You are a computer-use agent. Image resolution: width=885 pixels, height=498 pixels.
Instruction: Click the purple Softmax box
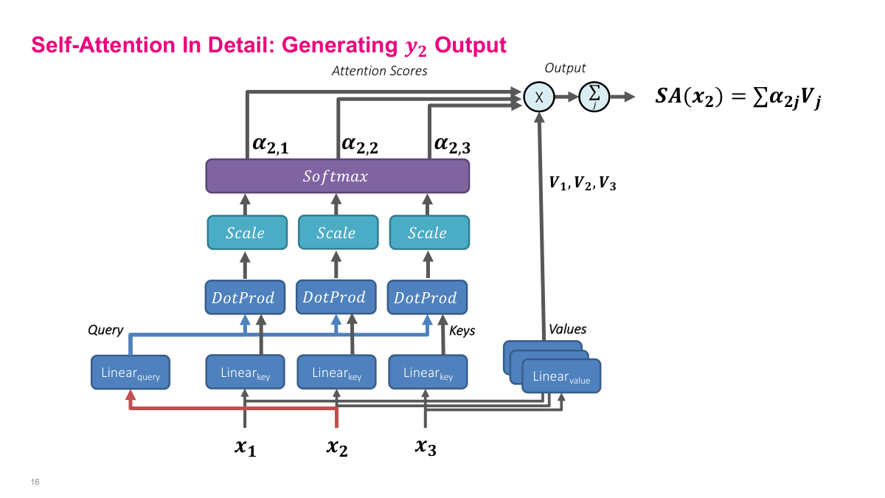click(x=337, y=177)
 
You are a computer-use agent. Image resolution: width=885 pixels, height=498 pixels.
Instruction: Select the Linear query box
click(x=131, y=374)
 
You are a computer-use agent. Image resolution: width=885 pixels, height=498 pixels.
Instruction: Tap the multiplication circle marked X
click(x=538, y=97)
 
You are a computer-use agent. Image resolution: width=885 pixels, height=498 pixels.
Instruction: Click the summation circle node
click(x=593, y=97)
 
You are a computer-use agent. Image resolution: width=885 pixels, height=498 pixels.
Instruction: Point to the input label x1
click(x=245, y=446)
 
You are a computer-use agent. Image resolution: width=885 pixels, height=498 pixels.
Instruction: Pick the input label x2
click(x=337, y=446)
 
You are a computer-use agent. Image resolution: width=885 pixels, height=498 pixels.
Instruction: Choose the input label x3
click(x=426, y=446)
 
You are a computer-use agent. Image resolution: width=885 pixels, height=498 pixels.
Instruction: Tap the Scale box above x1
click(x=245, y=233)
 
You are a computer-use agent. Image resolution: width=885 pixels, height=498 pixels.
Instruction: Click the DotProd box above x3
click(x=426, y=298)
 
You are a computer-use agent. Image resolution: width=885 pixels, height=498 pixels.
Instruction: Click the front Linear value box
click(x=561, y=377)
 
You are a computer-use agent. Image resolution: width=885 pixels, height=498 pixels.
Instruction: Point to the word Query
click(x=105, y=330)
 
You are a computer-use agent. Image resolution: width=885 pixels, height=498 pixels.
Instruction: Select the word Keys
click(x=462, y=331)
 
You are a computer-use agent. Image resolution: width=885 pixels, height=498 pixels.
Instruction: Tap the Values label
click(x=566, y=329)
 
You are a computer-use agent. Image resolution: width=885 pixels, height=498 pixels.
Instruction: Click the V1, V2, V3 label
click(x=582, y=184)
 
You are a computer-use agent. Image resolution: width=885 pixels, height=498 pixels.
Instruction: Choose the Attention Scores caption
click(x=379, y=72)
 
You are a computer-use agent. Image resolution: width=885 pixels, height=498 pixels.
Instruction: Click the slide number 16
click(x=35, y=482)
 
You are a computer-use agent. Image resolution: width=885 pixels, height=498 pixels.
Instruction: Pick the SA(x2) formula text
click(x=738, y=97)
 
